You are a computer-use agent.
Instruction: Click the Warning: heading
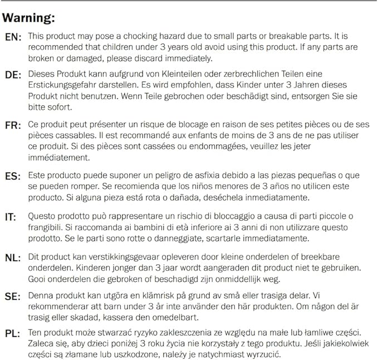click(29, 18)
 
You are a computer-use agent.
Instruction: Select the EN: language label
click(13, 37)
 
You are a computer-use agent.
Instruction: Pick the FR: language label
click(13, 125)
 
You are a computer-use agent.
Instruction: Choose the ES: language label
click(13, 174)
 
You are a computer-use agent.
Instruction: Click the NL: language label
click(13, 257)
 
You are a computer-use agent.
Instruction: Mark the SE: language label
click(13, 296)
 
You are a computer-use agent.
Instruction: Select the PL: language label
click(13, 334)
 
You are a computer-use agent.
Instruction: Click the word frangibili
click(47, 227)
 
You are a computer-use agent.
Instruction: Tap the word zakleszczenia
click(170, 333)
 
